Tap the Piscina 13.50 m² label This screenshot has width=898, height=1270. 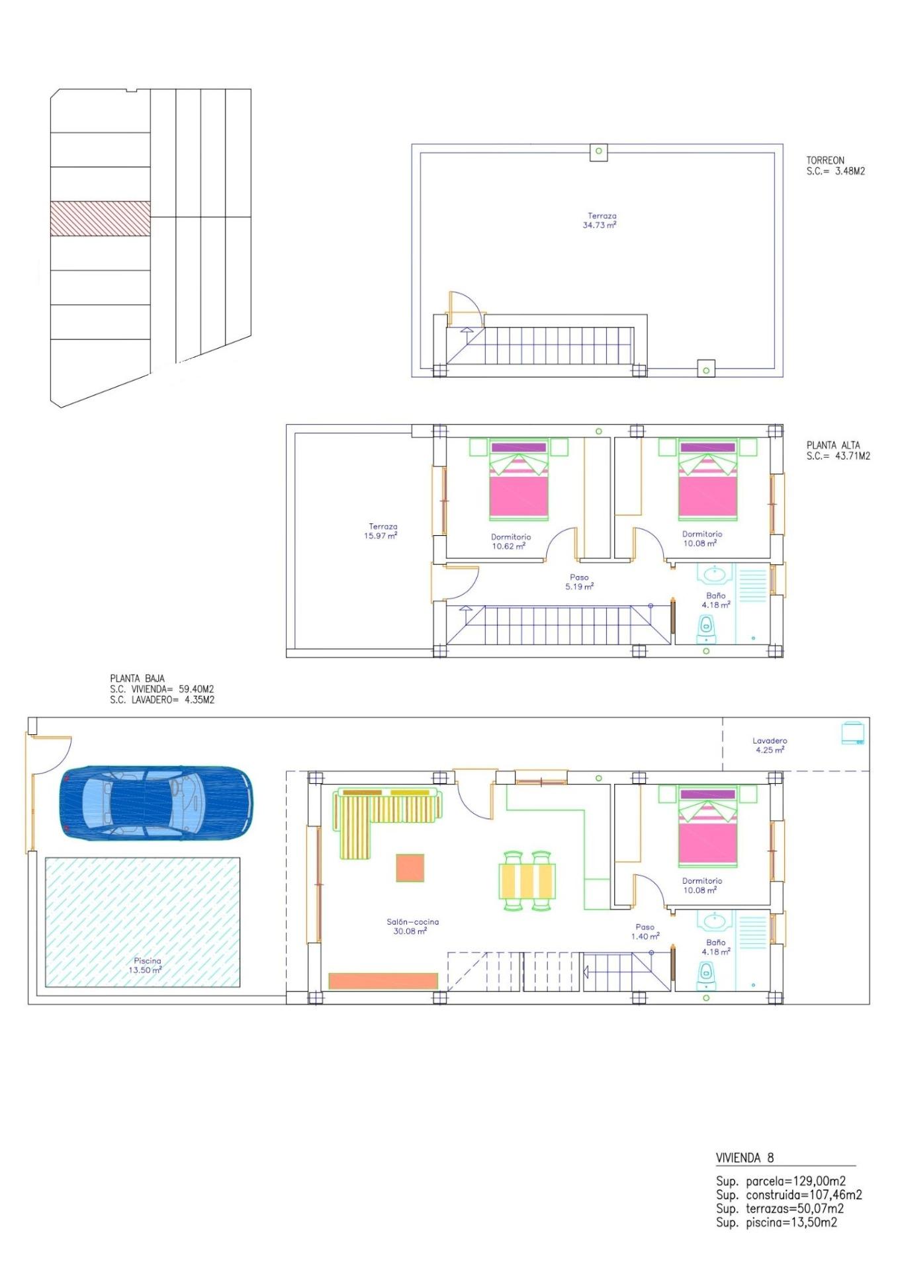(146, 965)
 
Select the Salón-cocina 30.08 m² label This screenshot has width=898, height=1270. (412, 926)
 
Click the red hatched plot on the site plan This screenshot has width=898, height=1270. (101, 218)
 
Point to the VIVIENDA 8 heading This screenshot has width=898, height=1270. (744, 1158)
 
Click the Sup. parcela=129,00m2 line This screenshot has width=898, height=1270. (781, 1181)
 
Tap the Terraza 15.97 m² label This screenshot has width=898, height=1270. (382, 531)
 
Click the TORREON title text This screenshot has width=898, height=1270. (825, 160)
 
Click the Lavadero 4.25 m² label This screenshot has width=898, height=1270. (770, 745)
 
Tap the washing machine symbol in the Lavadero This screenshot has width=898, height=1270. (852, 733)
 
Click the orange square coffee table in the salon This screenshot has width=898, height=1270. (410, 868)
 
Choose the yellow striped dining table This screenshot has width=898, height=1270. (527, 880)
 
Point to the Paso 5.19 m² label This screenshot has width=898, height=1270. (579, 581)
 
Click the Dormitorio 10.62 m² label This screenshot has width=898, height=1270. (510, 542)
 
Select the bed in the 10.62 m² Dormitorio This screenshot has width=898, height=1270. (519, 481)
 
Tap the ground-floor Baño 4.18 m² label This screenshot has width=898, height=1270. (715, 947)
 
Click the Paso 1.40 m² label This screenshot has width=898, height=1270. (645, 931)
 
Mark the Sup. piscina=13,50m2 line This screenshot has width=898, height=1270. (776, 1222)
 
